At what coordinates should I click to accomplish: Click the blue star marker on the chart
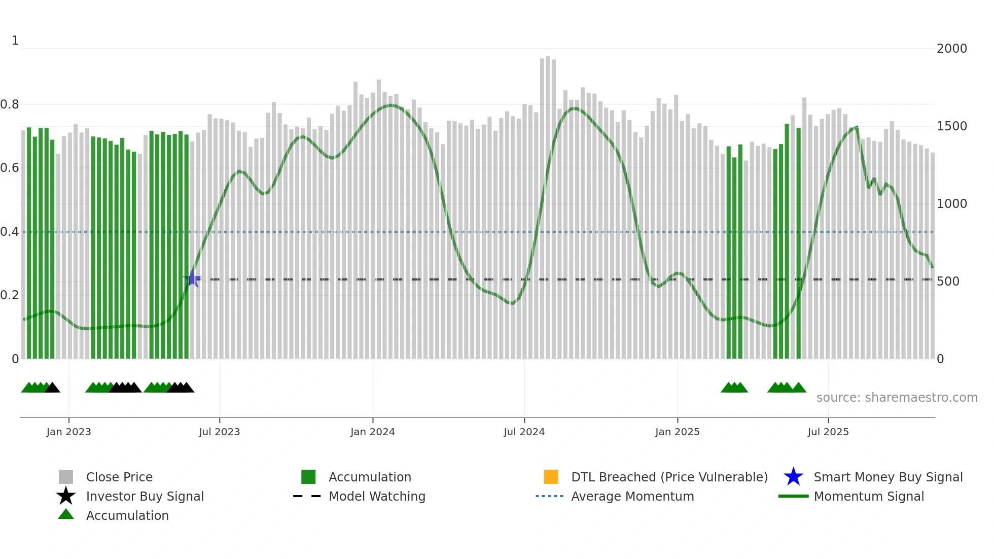[192, 278]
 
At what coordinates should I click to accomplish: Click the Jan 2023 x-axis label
[68, 432]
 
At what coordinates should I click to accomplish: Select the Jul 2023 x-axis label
[219, 432]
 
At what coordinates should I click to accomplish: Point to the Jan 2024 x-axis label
[372, 432]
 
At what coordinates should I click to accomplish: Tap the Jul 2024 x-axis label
[524, 432]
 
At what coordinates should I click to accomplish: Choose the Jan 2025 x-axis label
[677, 432]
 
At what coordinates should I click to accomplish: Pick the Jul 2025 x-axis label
[828, 432]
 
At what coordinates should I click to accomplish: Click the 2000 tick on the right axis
[951, 49]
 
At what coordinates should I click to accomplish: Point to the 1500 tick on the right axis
[951, 126]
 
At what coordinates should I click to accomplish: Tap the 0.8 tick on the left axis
[10, 104]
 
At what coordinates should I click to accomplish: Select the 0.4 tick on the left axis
[10, 232]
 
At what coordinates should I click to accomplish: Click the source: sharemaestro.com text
[897, 398]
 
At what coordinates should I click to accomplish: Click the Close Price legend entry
[119, 477]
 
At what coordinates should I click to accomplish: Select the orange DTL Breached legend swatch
[551, 477]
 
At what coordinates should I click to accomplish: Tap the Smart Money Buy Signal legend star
[793, 477]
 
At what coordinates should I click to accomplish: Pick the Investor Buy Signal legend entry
[145, 497]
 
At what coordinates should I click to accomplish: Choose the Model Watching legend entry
[377, 497]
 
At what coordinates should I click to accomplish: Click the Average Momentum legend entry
[632, 497]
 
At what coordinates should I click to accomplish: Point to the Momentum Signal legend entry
[869, 497]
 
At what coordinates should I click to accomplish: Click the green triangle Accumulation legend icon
[66, 515]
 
